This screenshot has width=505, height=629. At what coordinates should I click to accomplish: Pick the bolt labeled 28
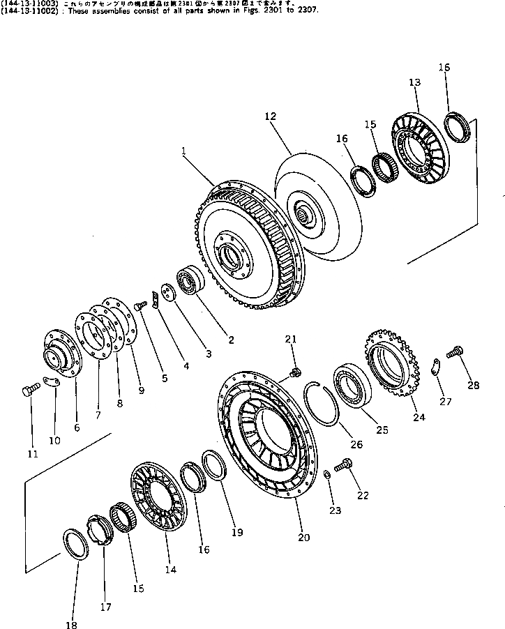[x=456, y=353]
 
